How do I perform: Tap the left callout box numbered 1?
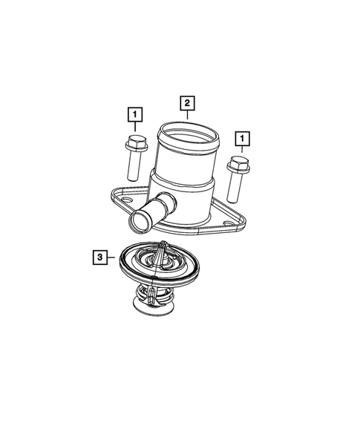click(x=134, y=115)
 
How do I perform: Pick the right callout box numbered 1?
click(x=242, y=138)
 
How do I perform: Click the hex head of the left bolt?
click(x=135, y=142)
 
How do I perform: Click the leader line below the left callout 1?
click(x=134, y=128)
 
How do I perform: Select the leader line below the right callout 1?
click(x=241, y=151)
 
